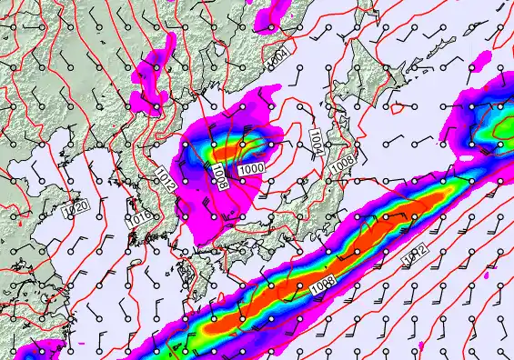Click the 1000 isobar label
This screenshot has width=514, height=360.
tap(251, 169)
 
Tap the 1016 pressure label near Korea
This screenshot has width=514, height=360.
tap(138, 219)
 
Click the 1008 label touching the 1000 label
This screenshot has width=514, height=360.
tap(219, 175)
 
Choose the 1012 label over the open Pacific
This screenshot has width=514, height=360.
tap(415, 257)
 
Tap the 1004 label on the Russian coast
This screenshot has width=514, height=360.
tap(279, 57)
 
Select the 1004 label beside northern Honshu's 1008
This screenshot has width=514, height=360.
tap(316, 141)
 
